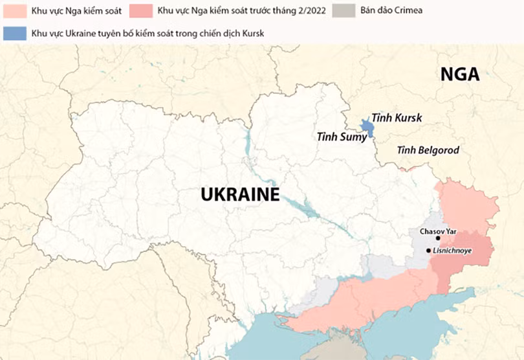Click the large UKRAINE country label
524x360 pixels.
pyautogui.click(x=239, y=195)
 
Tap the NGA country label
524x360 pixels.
pyautogui.click(x=460, y=74)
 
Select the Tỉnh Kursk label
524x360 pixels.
pyautogui.click(x=396, y=118)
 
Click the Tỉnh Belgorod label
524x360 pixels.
pyautogui.click(x=428, y=150)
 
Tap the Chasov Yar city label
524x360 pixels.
pyautogui.click(x=438, y=231)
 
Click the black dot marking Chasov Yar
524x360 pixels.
pyautogui.click(x=438, y=238)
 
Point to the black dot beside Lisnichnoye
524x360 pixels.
pyautogui.click(x=428, y=250)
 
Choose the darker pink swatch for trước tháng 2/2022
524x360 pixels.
pyautogui.click(x=140, y=11)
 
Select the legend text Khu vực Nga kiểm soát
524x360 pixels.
pyautogui.click(x=72, y=11)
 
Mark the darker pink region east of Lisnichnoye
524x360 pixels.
pyautogui.click(x=475, y=249)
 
